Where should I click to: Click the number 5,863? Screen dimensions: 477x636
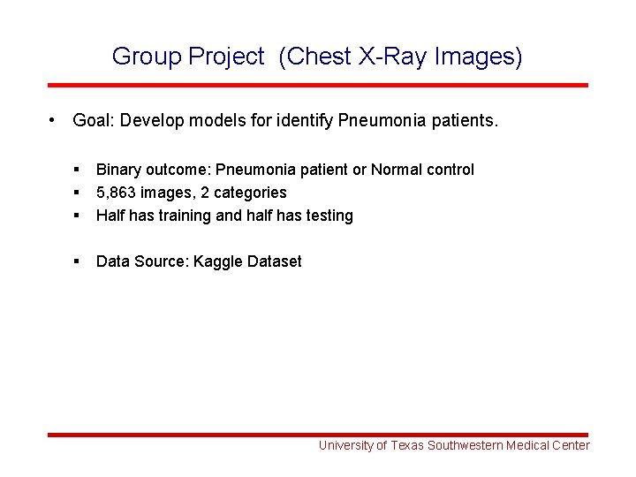[118, 193]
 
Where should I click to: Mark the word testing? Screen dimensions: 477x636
[328, 216]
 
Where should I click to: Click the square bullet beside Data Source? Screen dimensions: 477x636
[78, 261]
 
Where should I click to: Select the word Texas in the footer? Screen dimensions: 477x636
[407, 446]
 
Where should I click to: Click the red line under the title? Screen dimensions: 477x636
[317, 86]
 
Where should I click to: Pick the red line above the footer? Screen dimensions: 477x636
[317, 435]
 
